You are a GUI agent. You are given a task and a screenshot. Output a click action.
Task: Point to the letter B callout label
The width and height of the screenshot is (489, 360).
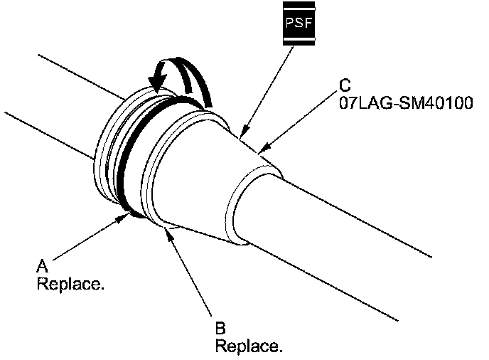pos(220,329)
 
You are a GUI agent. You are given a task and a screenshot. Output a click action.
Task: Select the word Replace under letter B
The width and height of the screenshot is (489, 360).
pos(249,346)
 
